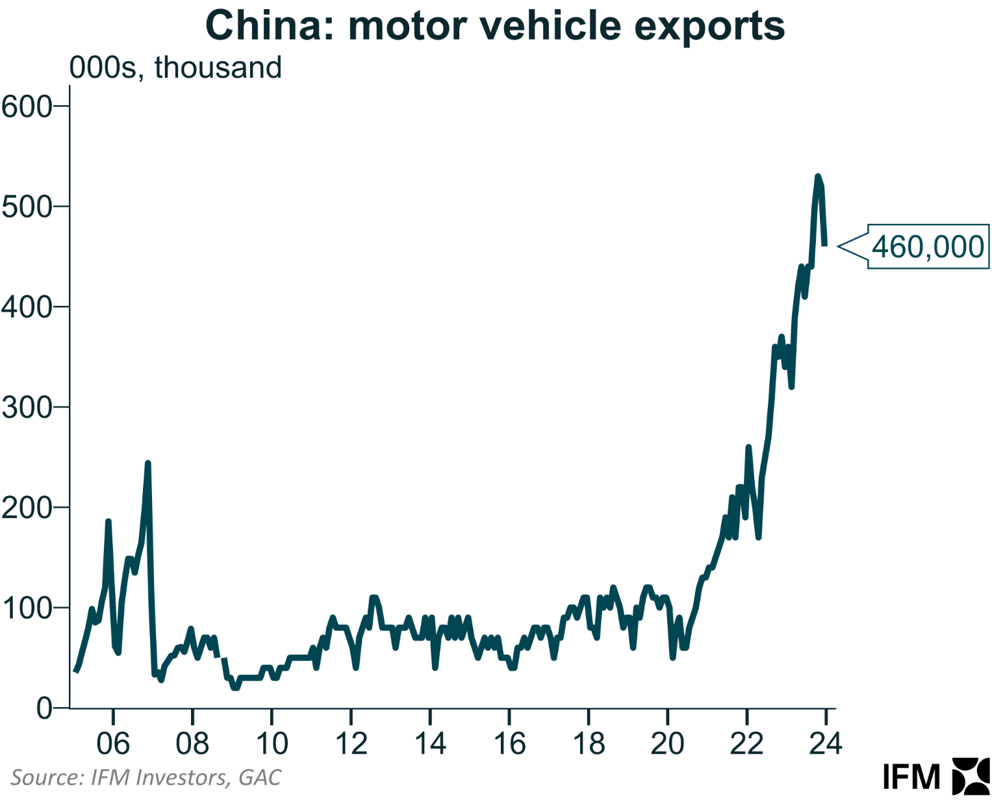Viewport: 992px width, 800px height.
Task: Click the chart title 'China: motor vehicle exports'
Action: (495, 26)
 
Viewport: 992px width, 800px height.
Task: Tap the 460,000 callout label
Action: (927, 247)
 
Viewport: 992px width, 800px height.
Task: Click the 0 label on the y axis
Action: (44, 708)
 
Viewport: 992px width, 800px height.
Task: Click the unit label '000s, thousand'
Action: (175, 68)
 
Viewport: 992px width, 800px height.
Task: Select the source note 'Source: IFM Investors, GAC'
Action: (146, 777)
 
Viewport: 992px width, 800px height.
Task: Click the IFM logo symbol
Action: (971, 776)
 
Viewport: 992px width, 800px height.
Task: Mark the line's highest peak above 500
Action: (818, 177)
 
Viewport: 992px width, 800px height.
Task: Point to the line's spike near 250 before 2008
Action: (148, 463)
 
